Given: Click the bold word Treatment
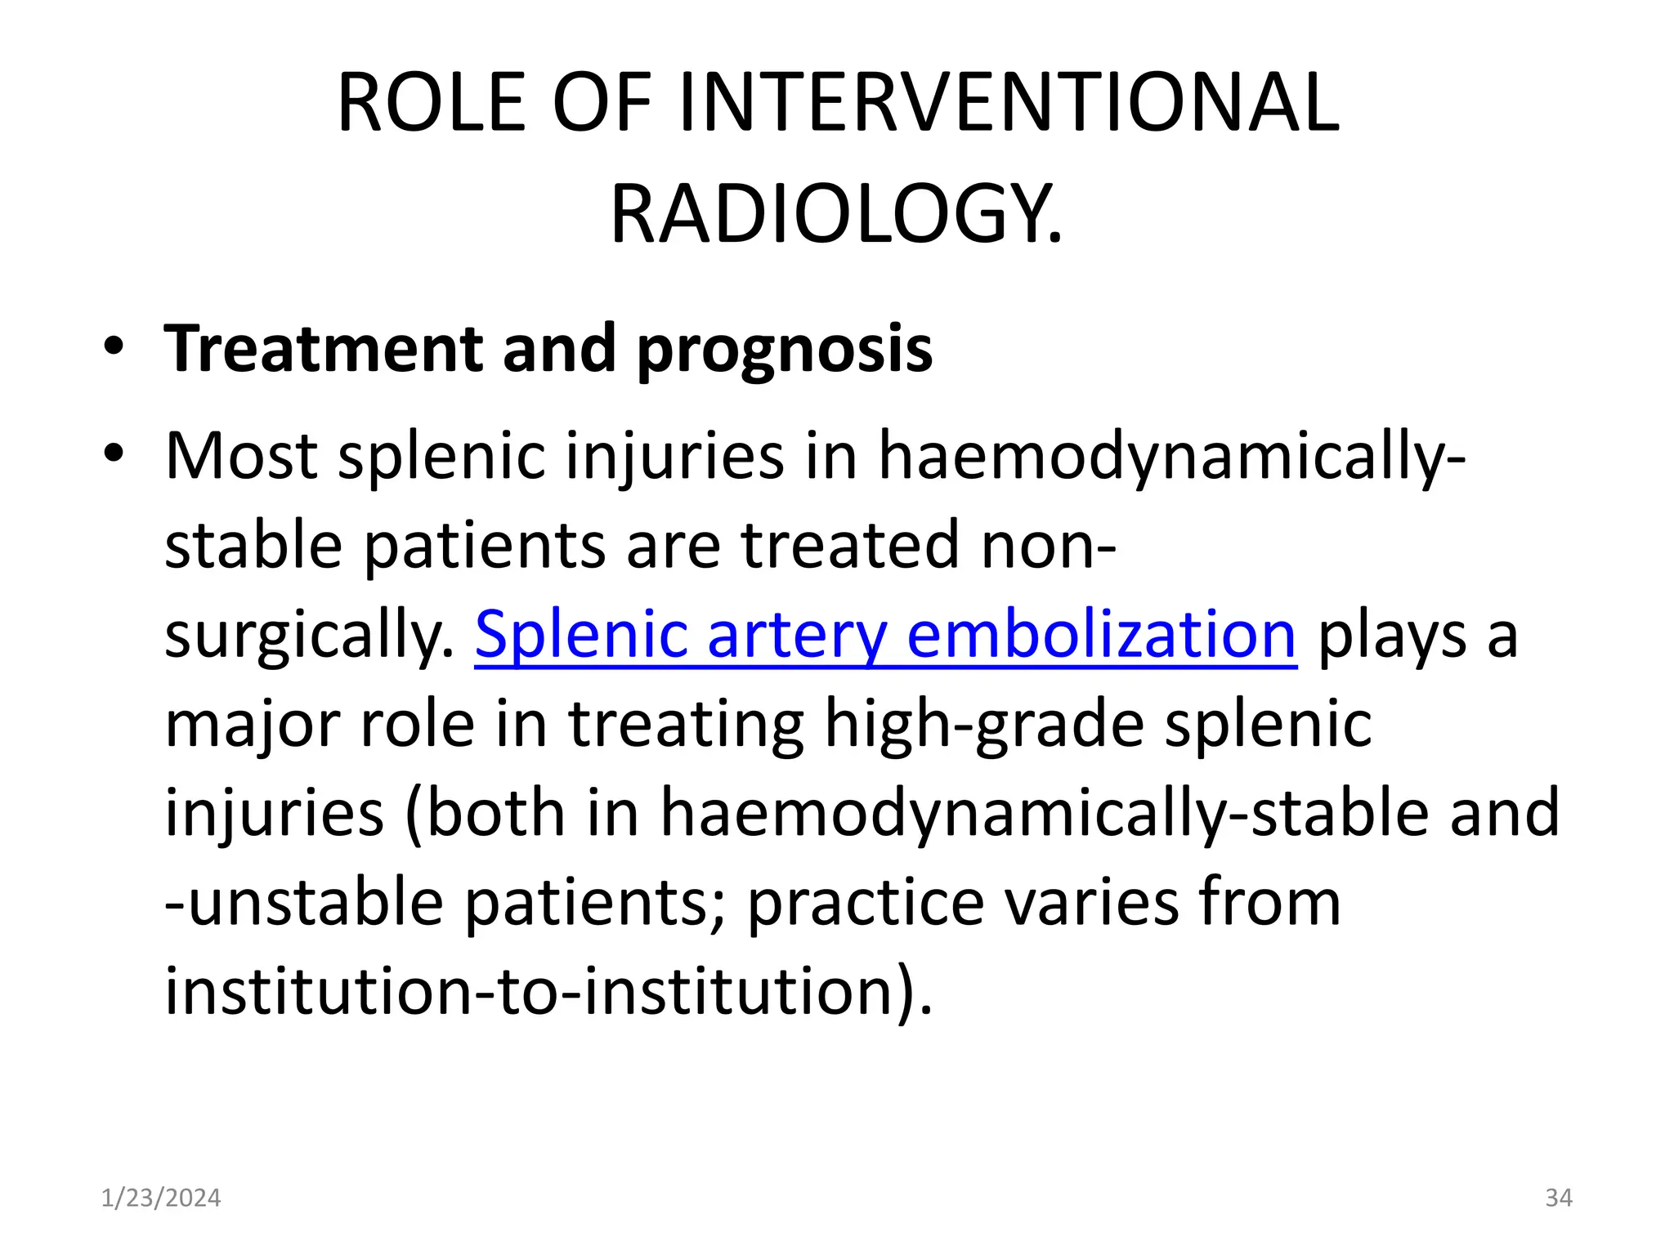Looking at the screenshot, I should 324,349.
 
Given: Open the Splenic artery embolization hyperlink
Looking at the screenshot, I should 885,635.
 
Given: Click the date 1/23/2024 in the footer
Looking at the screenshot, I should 161,1198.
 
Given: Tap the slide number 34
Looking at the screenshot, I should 1558,1198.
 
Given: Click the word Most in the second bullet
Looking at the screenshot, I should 241,456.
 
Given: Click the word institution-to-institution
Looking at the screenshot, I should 547,991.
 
